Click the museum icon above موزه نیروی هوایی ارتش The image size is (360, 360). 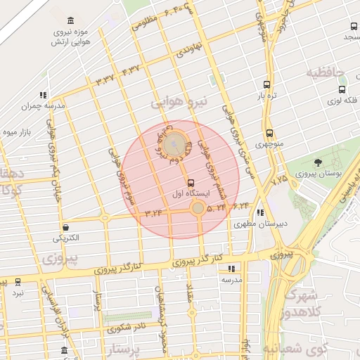point(70,21)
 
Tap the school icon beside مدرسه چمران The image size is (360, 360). point(44,94)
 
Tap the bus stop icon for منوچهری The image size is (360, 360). point(269,133)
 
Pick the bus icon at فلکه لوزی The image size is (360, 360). point(342,90)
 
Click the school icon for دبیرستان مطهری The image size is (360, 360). point(261,212)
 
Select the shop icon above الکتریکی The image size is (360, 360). point(66,227)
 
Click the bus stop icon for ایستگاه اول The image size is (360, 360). point(191,183)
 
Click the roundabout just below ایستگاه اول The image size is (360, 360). point(198,207)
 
